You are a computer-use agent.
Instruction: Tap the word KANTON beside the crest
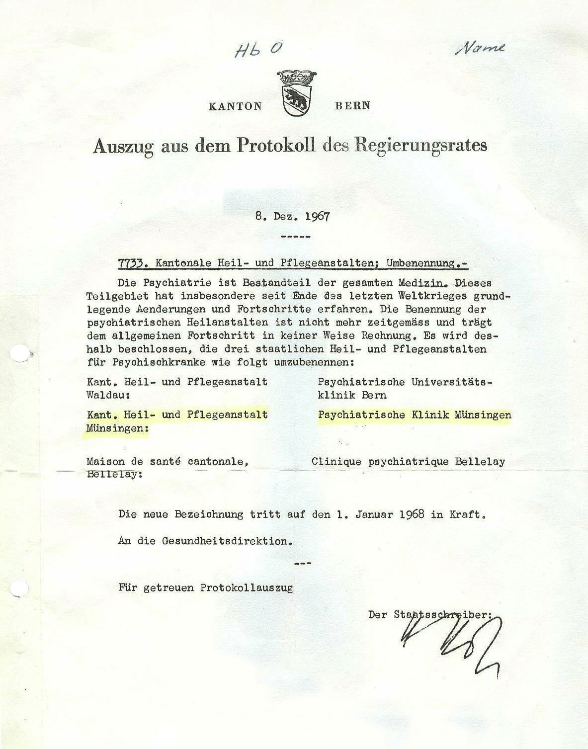pos(235,106)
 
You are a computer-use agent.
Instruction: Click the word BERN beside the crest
pos(352,105)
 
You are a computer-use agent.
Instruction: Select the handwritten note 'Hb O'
pos(258,49)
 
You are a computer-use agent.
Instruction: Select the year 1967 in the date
pos(318,217)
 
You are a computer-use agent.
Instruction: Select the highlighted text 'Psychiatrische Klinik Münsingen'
pos(415,415)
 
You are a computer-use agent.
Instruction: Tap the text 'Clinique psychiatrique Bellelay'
pos(408,461)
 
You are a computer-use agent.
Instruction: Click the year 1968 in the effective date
pos(412,514)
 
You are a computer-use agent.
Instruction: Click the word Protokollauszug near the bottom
pos(247,588)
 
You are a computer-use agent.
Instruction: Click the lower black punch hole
pos(19,588)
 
